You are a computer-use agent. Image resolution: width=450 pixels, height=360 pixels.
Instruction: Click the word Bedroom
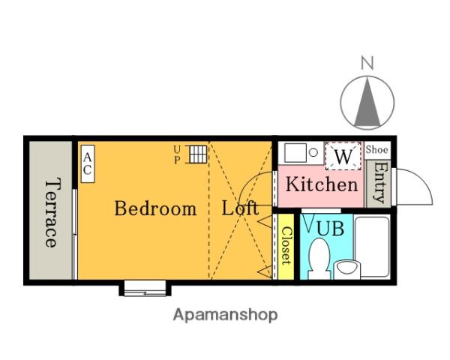[155, 208]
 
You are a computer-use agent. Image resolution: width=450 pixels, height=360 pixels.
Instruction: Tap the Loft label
[240, 208]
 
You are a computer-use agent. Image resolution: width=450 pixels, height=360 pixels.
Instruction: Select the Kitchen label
[322, 184]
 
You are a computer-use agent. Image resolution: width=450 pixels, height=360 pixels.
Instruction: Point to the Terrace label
[53, 212]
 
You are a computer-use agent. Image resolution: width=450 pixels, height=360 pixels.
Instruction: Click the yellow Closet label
[286, 246]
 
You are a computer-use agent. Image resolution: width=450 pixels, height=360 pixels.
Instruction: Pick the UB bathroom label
[330, 229]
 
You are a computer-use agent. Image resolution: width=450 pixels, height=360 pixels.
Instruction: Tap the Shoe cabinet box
[377, 150]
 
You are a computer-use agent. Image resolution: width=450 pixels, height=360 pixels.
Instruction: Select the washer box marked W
[343, 156]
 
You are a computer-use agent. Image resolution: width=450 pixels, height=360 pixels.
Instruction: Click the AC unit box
[88, 164]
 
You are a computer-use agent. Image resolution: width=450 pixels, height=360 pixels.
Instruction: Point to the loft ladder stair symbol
[198, 154]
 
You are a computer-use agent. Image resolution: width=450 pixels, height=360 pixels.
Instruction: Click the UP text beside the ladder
[177, 154]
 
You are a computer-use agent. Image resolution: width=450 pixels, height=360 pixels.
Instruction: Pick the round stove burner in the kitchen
[313, 152]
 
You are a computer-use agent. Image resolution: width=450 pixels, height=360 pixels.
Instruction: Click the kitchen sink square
[295, 153]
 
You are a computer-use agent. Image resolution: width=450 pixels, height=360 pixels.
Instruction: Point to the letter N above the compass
[367, 64]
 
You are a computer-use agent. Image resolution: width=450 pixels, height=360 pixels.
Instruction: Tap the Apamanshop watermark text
[225, 315]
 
